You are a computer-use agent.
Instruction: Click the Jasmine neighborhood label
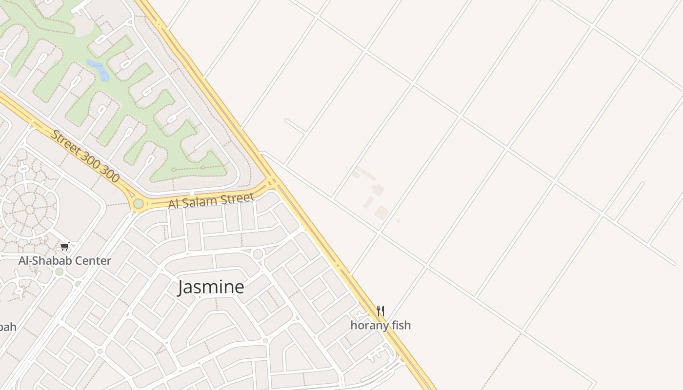coord(211,287)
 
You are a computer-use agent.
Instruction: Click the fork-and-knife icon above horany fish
coord(381,311)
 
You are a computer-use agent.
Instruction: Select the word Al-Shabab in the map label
coord(41,261)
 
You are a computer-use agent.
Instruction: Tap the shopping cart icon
coord(64,247)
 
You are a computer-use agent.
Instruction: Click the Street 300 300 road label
coord(85,156)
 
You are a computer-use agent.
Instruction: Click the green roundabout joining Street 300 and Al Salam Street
coord(139,203)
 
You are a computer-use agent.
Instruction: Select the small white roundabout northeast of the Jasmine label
coord(258,253)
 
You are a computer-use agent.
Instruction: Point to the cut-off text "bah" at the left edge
coord(7,327)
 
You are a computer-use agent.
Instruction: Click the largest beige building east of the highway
coord(382,213)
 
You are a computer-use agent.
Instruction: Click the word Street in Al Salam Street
coord(238,198)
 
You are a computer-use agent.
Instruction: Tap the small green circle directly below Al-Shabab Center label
coord(59,272)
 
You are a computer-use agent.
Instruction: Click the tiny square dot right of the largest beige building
coord(398,221)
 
